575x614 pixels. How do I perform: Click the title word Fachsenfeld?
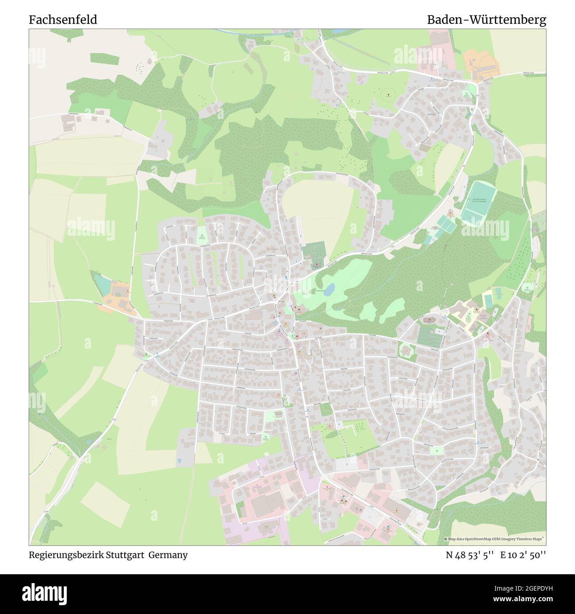click(63, 20)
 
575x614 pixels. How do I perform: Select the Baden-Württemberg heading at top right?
click(486, 20)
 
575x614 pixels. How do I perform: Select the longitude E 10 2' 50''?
click(523, 555)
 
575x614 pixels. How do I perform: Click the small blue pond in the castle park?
click(329, 290)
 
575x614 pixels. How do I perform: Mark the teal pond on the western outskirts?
click(103, 285)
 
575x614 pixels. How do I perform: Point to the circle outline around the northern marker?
click(389, 94)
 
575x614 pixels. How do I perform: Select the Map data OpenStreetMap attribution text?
click(494, 539)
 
